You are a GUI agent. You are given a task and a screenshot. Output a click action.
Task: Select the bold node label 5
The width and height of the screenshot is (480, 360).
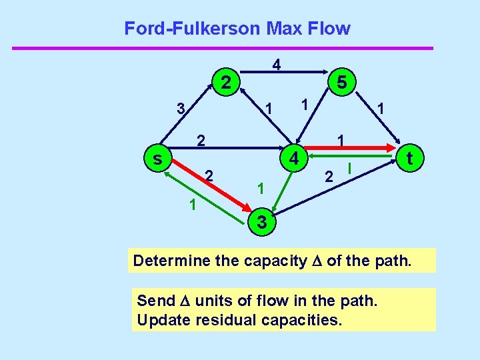click(x=341, y=83)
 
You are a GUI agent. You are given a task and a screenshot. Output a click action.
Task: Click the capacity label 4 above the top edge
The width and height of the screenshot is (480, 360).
click(x=276, y=65)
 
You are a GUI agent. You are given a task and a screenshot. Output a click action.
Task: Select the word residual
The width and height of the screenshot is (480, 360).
click(x=222, y=319)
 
